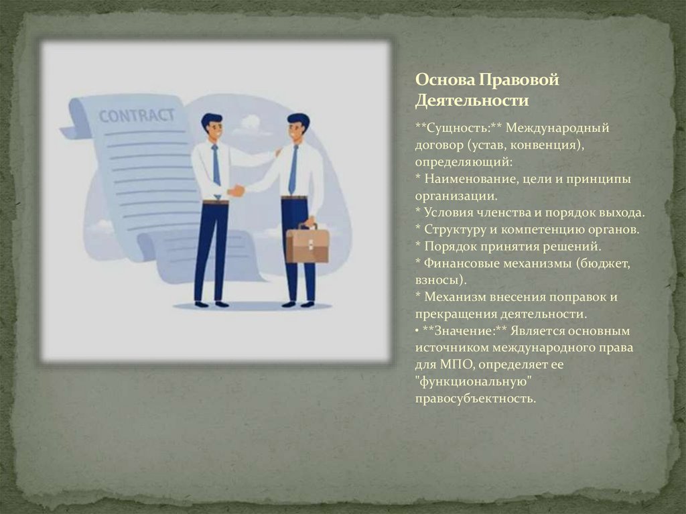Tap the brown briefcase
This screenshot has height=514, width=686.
tap(307, 244)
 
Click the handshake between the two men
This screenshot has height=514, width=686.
tap(236, 191)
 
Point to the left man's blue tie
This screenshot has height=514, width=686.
tap(216, 165)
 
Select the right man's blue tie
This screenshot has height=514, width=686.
tap(293, 169)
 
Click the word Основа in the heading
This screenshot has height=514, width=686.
tap(444, 80)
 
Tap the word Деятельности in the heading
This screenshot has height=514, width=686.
tap(472, 101)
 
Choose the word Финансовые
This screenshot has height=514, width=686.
tap(463, 263)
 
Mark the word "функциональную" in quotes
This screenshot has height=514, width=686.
tap(476, 382)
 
